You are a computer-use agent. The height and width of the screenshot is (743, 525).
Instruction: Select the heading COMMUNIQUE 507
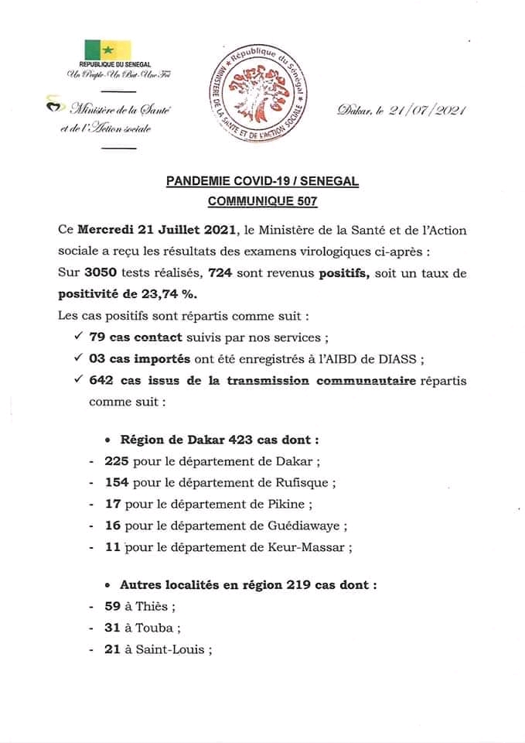click(x=262, y=200)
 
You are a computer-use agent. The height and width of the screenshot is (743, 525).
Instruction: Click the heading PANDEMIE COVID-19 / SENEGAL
click(x=262, y=182)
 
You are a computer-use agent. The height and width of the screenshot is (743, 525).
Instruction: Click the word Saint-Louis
click(x=169, y=649)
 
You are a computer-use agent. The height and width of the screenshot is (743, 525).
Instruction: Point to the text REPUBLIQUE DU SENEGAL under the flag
click(x=115, y=64)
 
